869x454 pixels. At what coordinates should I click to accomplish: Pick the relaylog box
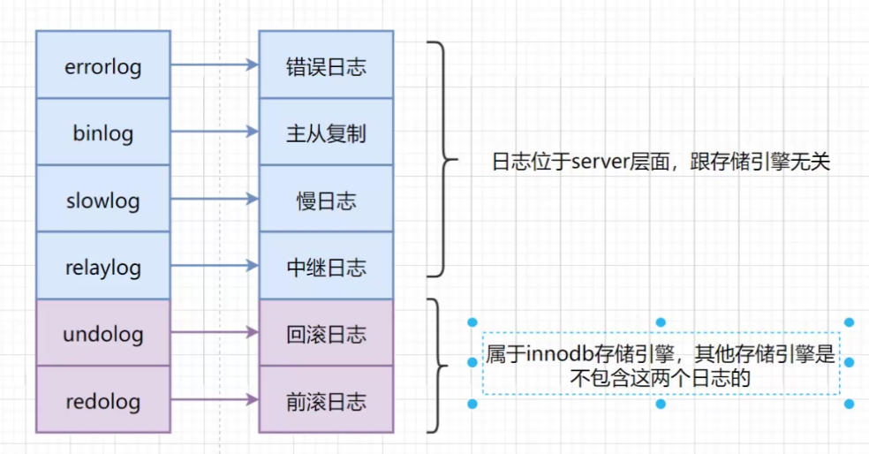click(102, 266)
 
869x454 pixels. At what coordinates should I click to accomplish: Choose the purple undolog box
click(102, 333)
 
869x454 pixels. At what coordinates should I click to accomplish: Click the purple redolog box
click(102, 400)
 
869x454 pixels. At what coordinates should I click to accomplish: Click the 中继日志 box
click(326, 266)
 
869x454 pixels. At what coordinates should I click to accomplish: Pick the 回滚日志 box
click(326, 333)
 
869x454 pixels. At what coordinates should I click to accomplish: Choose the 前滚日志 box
click(326, 400)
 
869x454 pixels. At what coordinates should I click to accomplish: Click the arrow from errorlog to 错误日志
click(214, 64)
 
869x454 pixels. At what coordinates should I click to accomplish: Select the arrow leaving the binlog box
click(214, 132)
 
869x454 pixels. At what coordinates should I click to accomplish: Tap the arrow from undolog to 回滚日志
click(214, 333)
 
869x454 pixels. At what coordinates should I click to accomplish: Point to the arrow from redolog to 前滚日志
click(214, 400)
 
